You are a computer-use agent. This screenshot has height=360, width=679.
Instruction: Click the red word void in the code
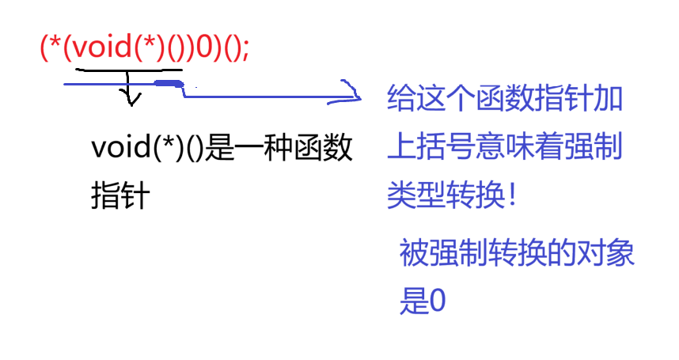[101, 47]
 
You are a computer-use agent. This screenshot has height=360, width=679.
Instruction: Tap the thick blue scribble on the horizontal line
[169, 83]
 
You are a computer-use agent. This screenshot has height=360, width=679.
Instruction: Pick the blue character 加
[609, 100]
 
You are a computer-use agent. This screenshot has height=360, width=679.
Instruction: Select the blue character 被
[414, 254]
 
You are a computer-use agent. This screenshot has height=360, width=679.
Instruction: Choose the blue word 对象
[606, 254]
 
